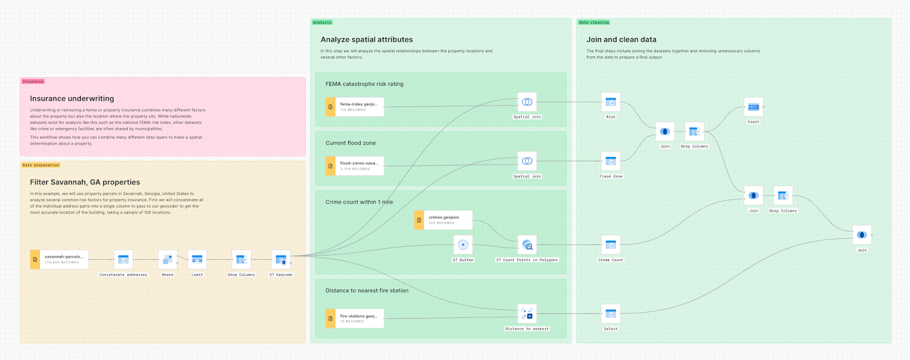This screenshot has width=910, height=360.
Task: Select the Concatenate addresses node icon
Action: point(123,259)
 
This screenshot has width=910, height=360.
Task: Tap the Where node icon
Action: point(167,259)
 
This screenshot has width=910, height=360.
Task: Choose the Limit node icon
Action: point(197,259)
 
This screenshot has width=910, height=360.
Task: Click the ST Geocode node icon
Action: point(280,259)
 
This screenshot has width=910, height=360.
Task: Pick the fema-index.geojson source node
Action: point(355,106)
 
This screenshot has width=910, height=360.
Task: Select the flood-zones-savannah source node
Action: point(355,165)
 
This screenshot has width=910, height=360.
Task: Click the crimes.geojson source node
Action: point(444,220)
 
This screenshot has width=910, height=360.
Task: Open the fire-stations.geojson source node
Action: point(355,318)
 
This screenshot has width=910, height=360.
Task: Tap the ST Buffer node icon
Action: point(463,245)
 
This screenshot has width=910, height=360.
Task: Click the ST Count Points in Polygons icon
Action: point(527,245)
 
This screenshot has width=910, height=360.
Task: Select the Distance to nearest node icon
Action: point(527,314)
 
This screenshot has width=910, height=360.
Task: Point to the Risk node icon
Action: point(610,102)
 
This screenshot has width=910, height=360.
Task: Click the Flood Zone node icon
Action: point(610,162)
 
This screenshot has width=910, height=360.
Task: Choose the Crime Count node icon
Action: point(610,245)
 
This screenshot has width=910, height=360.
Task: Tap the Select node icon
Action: point(610,314)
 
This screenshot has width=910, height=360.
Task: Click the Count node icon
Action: point(753,107)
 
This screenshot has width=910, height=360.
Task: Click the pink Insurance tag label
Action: point(33,81)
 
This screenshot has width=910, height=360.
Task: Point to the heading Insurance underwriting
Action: point(72,98)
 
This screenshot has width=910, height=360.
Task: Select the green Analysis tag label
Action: point(322,22)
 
